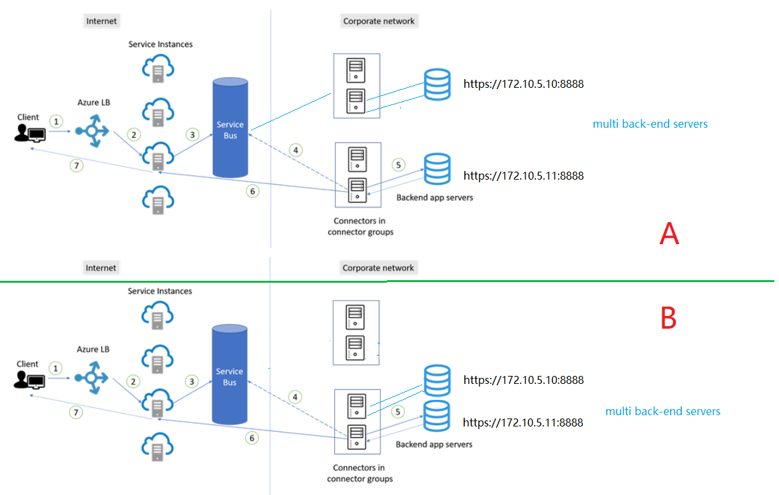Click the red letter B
[x=668, y=319]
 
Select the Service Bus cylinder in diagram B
[x=229, y=375]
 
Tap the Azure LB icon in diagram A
[x=91, y=131]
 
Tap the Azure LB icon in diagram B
[x=91, y=377]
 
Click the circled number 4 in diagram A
[x=296, y=150]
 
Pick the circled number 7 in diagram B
[x=77, y=412]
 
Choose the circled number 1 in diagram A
[x=57, y=121]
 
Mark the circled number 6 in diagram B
[x=252, y=438]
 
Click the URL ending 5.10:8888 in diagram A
[x=523, y=84]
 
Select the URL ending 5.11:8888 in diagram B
[x=523, y=422]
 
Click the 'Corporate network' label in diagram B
[x=378, y=268]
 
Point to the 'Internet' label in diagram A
[x=101, y=21]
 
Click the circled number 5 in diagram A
[x=398, y=164]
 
